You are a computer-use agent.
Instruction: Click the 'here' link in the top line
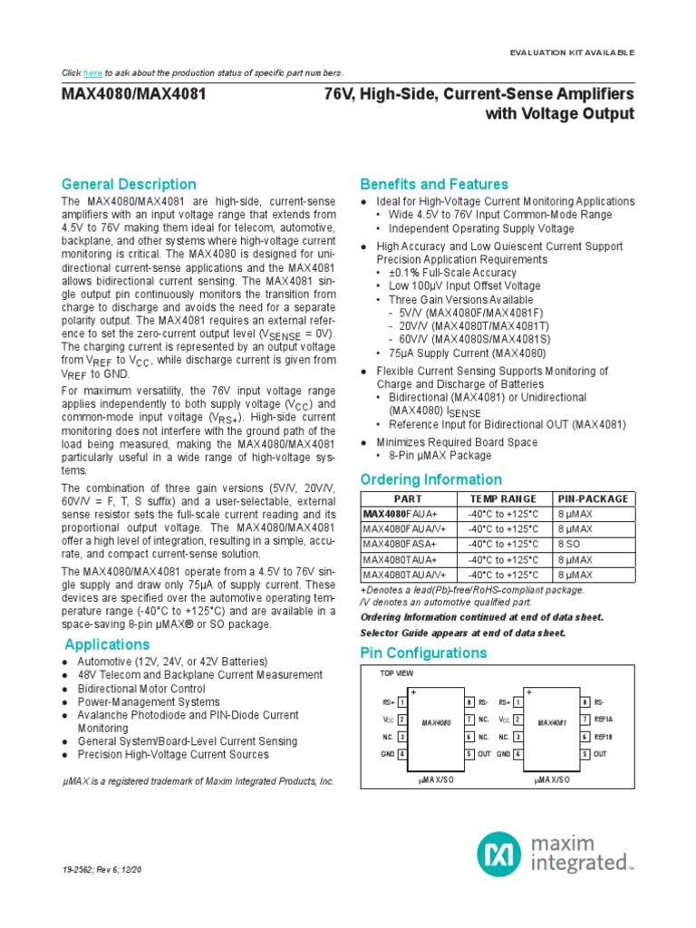pos(92,72)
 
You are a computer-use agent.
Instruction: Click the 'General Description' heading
pos(129,184)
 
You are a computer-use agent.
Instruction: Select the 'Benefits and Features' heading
pos(434,184)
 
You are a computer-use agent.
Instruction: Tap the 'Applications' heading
pos(107,644)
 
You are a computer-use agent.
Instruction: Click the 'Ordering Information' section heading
pos(430,479)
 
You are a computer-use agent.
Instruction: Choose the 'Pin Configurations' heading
pos(423,653)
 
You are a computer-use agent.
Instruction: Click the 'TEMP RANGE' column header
pos(502,498)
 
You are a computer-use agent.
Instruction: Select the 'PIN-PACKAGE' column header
pos(593,498)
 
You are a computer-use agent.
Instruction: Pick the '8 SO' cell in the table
pos(569,544)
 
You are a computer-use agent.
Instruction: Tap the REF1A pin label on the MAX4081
pos(604,720)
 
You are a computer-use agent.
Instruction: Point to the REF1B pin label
pos(604,737)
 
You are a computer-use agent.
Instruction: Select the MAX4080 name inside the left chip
pos(437,723)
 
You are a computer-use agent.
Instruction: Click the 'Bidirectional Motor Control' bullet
pos(138,689)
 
